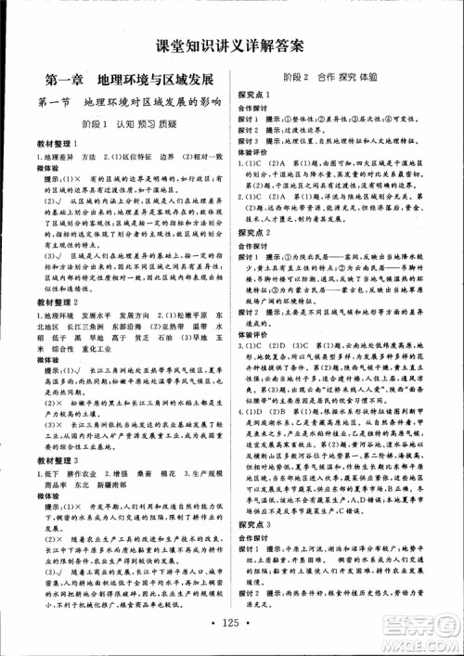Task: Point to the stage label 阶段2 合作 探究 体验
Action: point(343,78)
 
